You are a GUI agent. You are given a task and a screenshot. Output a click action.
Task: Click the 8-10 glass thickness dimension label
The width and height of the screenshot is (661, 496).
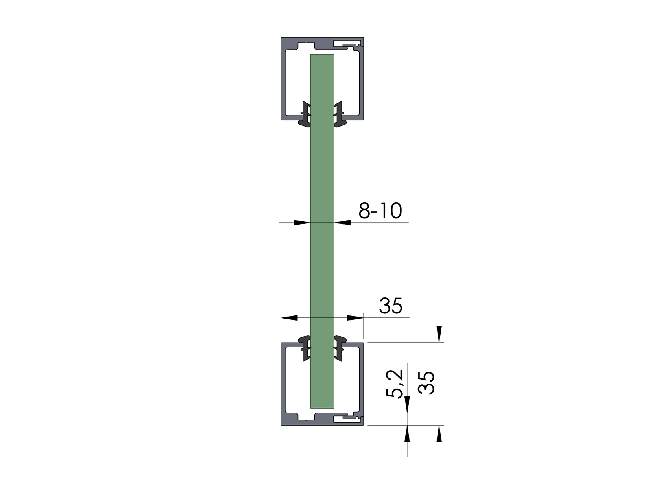coord(380,211)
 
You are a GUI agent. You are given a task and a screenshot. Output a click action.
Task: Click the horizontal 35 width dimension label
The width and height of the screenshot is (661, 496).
coord(391,306)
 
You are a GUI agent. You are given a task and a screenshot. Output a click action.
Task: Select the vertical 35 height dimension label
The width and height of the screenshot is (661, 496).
coord(427,382)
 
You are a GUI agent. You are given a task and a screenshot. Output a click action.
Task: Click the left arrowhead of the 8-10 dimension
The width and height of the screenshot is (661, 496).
coord(301,223)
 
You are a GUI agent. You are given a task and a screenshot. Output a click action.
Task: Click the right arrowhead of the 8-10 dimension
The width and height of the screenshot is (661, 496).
coord(343,223)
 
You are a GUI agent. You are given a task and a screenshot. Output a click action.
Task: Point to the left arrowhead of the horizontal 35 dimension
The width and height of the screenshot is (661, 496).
coord(290,317)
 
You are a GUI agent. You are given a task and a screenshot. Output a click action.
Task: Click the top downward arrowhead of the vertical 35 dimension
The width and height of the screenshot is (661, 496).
coord(439,334)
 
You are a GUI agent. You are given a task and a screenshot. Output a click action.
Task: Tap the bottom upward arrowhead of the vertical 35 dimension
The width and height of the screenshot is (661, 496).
coord(439,433)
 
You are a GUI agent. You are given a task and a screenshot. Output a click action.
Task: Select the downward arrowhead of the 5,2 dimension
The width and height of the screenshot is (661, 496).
coord(407,405)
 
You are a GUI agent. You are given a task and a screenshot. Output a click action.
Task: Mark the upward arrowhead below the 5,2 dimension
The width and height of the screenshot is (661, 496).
coord(407,433)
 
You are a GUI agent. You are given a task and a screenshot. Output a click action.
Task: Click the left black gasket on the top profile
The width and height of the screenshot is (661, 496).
coord(304,114)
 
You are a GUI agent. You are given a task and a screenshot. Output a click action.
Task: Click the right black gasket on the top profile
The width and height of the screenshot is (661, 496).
coord(340,114)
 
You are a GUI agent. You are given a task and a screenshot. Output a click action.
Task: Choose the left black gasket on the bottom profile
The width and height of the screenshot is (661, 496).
coord(304,348)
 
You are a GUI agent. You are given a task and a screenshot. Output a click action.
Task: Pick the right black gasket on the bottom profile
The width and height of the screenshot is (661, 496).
coord(340,348)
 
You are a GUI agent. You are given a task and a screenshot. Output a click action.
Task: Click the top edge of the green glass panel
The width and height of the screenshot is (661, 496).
coord(322,55)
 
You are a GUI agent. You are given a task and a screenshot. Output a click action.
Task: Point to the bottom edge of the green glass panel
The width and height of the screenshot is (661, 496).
coord(322,407)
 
